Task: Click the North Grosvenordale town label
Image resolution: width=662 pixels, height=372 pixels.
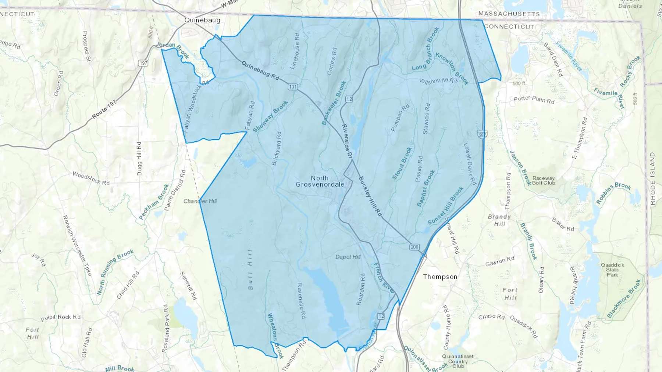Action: click(x=320, y=181)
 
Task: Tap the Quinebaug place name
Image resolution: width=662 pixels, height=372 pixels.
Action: click(x=202, y=20)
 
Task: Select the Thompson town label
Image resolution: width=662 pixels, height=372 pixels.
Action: click(x=440, y=277)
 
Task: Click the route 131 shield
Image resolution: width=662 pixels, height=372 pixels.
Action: click(x=293, y=87)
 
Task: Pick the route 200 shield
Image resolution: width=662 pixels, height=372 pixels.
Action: click(x=414, y=247)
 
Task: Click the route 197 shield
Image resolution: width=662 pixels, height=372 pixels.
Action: click(x=143, y=63)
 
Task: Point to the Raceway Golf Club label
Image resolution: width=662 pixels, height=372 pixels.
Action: click(x=543, y=180)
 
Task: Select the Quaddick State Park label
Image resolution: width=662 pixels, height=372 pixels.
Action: click(x=612, y=270)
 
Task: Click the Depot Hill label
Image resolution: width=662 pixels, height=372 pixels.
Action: click(x=348, y=257)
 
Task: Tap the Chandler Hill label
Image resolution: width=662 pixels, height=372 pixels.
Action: click(x=200, y=201)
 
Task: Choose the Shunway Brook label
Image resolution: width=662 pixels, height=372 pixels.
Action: click(x=270, y=116)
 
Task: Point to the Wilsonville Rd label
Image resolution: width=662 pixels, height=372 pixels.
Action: click(x=438, y=80)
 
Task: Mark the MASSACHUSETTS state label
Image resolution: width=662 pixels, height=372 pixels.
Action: click(x=509, y=14)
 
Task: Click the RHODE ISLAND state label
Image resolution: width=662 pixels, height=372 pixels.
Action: click(x=652, y=178)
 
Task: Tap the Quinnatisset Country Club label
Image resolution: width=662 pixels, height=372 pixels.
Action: click(x=458, y=361)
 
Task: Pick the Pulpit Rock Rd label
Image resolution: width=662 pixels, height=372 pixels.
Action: click(x=60, y=317)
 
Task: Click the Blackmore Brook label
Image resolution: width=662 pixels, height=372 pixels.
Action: click(x=624, y=298)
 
